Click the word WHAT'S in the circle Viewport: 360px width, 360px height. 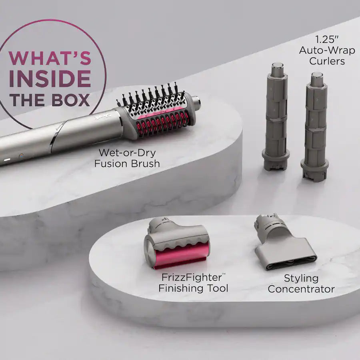pyautogui.click(x=50, y=58)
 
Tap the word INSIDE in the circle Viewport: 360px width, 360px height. pyautogui.click(x=50, y=78)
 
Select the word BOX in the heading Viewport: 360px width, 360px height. pyautogui.click(x=71, y=99)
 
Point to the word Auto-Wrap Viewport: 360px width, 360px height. pyautogui.click(x=322, y=51)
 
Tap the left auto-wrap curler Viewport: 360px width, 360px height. pyautogui.click(x=276, y=116)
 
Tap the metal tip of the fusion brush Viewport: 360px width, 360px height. pyautogui.click(x=196, y=100)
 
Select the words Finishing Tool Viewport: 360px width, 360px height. pyautogui.click(x=193, y=288)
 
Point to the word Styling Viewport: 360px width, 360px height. pyautogui.click(x=301, y=278)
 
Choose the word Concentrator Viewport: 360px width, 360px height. pyautogui.click(x=301, y=289)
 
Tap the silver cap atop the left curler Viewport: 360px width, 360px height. pyautogui.click(x=277, y=69)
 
